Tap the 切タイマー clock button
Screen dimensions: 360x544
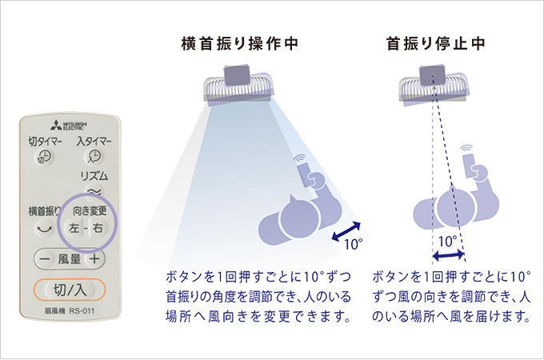click(46, 158)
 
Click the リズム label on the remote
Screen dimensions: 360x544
click(94, 175)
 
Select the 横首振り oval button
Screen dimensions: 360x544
click(43, 227)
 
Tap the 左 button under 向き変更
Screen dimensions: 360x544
click(74, 228)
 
